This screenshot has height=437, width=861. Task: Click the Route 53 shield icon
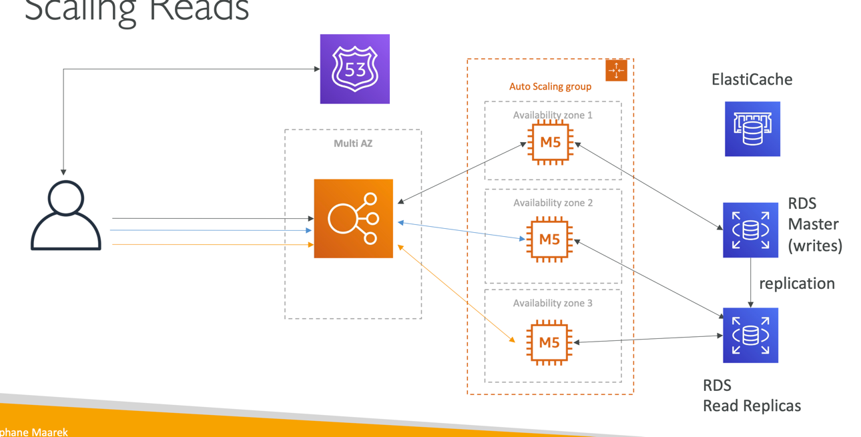[354, 69]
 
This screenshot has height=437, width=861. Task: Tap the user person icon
[65, 215]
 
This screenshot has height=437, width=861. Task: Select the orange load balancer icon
[353, 218]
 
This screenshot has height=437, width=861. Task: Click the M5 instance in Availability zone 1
[550, 142]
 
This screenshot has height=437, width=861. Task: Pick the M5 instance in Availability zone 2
[549, 240]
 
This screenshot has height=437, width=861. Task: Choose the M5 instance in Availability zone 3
[549, 342]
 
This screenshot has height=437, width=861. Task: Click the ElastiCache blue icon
[752, 129]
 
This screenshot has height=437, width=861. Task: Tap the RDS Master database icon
[750, 230]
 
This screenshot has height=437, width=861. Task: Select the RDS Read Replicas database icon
[750, 335]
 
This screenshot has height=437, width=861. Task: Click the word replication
[796, 284]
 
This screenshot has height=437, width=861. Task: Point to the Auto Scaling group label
[550, 86]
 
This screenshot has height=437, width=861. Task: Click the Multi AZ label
[352, 143]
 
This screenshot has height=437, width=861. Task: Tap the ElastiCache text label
[752, 79]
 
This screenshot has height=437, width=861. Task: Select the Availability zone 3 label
[552, 303]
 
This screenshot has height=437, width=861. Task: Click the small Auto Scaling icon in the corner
[616, 71]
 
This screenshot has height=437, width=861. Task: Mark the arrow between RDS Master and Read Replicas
[751, 283]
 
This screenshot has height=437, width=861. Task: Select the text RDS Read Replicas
[752, 396]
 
